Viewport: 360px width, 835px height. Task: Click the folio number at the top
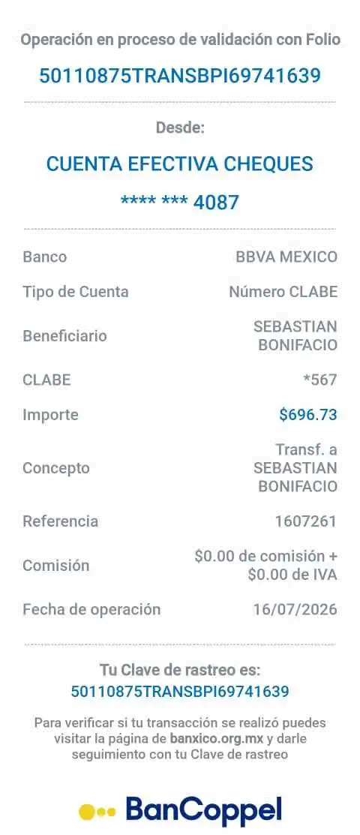click(x=180, y=76)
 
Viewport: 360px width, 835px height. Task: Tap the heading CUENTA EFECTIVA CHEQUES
click(x=179, y=164)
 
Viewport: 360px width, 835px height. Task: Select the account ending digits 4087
click(x=216, y=203)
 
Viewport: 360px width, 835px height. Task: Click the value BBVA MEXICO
click(x=286, y=257)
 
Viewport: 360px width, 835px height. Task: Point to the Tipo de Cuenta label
click(x=76, y=292)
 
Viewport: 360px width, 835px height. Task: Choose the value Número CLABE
click(x=283, y=292)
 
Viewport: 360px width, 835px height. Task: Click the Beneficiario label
click(x=65, y=336)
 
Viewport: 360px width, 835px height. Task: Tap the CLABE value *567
click(x=320, y=380)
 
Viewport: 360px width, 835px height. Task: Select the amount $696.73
click(x=308, y=414)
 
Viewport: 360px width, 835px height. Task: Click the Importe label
click(x=50, y=415)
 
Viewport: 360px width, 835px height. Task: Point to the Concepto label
click(x=56, y=468)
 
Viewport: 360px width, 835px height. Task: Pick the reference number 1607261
click(x=306, y=521)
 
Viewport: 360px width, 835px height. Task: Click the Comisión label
click(x=56, y=566)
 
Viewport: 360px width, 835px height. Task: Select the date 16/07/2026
click(x=295, y=609)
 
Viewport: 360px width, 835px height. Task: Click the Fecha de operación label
click(x=91, y=609)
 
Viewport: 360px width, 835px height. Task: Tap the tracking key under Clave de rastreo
click(x=180, y=691)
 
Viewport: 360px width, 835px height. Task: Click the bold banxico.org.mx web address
click(x=217, y=739)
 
